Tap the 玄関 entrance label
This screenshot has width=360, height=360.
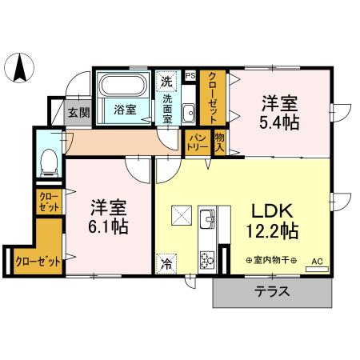click(x=78, y=112)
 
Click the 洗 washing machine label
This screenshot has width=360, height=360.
click(x=166, y=81)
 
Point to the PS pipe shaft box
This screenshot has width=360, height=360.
click(x=190, y=76)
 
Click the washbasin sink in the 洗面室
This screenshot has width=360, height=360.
click(x=189, y=111)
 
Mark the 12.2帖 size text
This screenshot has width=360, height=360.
click(x=274, y=233)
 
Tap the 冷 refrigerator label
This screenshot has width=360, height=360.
click(x=167, y=262)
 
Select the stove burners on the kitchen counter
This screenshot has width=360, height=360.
click(x=206, y=259)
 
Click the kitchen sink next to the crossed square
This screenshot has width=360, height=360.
click(x=206, y=217)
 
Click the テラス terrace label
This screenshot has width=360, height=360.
click(x=272, y=292)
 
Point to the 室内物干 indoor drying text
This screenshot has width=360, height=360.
click(x=272, y=261)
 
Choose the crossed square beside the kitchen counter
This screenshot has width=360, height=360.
click(x=181, y=216)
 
